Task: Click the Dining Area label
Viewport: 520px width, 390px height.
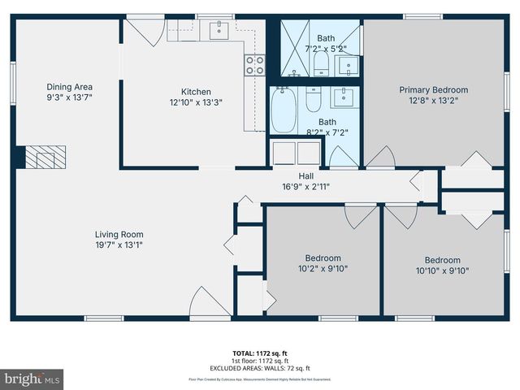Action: (x=69, y=87)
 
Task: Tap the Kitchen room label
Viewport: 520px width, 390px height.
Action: (x=195, y=92)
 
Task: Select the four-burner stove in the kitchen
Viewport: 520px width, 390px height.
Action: (x=254, y=65)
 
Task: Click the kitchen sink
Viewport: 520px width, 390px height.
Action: (x=219, y=32)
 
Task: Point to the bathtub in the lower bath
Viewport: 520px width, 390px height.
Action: (x=284, y=110)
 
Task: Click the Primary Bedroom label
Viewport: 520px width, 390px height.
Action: (x=433, y=90)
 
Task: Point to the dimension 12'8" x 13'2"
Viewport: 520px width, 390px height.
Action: (x=433, y=101)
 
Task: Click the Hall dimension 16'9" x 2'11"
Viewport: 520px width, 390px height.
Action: (x=305, y=186)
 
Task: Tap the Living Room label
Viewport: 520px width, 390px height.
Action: (x=119, y=234)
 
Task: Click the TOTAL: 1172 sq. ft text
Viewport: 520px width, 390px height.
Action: (x=259, y=353)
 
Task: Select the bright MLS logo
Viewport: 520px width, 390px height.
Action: (x=32, y=378)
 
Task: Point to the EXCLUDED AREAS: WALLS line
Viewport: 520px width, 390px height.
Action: (x=259, y=367)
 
